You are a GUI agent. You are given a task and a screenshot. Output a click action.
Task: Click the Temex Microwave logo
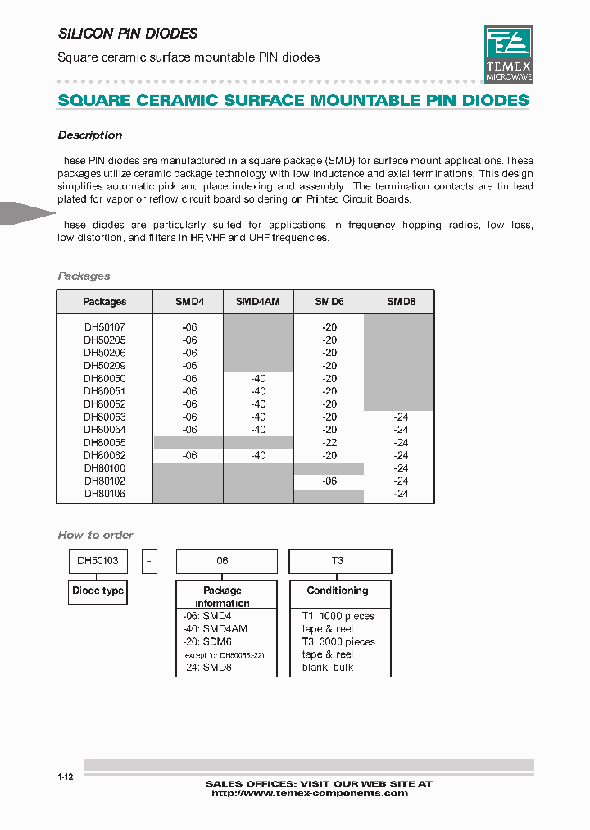[508, 54]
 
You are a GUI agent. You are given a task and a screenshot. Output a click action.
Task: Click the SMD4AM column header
[258, 302]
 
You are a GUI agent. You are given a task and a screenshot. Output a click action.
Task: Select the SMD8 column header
[401, 302]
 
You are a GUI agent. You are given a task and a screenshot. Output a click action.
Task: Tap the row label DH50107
[105, 326]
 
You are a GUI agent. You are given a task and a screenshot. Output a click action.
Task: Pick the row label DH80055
[105, 442]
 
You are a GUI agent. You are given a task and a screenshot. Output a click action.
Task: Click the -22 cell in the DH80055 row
[329, 442]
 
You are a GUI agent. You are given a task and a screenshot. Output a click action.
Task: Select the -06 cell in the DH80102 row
[329, 481]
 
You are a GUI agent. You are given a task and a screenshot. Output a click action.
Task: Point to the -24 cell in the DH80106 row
[401, 494]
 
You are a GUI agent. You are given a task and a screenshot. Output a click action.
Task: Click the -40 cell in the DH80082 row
[258, 455]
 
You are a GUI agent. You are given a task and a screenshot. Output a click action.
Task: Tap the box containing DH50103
[98, 561]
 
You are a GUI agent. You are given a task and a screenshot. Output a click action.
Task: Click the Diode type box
[98, 591]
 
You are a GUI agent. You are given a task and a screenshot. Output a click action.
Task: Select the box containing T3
[340, 561]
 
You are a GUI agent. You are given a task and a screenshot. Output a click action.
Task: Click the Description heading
[90, 135]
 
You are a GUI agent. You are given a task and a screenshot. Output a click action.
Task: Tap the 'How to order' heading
[95, 535]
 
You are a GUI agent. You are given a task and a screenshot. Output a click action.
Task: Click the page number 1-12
[66, 777]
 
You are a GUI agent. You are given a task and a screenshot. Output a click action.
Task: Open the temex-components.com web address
[309, 793]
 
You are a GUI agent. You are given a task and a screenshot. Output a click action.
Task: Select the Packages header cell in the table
[105, 302]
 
